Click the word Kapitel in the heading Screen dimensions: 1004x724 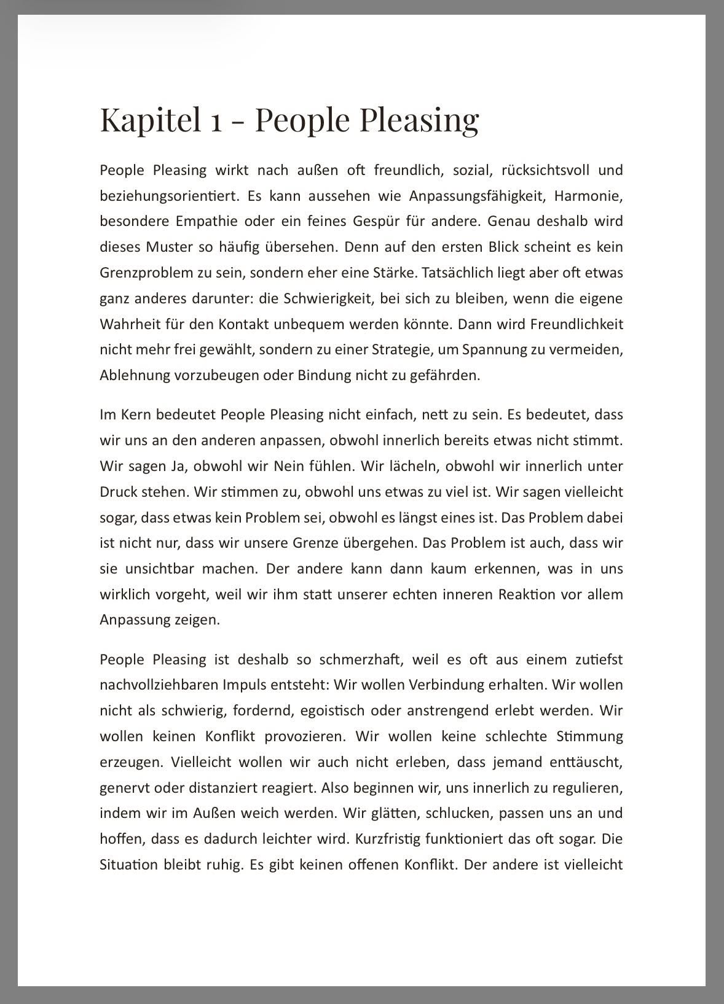click(x=151, y=120)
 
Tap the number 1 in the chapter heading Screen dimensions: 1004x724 click(x=216, y=121)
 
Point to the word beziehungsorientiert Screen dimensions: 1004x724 click(x=168, y=196)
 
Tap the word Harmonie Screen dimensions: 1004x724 click(x=588, y=196)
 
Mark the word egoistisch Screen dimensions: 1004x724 click(x=331, y=710)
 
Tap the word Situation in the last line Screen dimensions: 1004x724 click(x=128, y=865)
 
